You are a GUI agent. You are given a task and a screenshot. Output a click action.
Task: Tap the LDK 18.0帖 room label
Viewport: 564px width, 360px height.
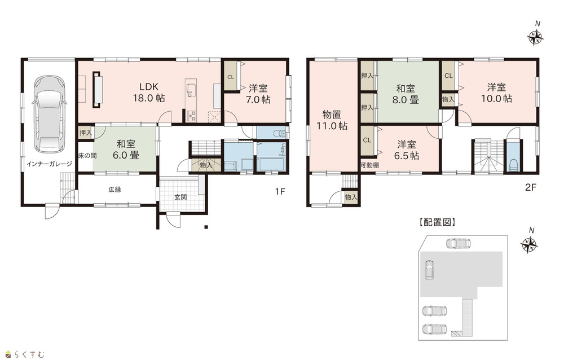point(149,93)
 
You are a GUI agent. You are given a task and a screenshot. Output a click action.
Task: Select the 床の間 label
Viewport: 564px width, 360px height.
point(87,156)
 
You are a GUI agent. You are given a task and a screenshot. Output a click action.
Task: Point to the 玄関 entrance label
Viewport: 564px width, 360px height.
point(180,197)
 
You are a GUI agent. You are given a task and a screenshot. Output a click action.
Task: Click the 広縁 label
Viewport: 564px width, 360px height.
point(115,190)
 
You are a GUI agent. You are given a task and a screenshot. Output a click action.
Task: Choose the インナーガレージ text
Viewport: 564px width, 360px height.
point(49,164)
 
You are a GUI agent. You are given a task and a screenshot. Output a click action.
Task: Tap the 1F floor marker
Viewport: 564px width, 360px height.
point(280,191)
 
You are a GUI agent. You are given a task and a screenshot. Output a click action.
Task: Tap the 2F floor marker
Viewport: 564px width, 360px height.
point(531,187)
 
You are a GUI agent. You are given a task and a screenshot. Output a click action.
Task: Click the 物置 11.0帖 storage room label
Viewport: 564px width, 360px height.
point(332,120)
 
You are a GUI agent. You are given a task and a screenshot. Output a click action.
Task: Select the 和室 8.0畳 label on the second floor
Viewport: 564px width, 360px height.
point(406,94)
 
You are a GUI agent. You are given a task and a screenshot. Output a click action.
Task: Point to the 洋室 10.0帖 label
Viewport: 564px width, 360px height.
point(497,93)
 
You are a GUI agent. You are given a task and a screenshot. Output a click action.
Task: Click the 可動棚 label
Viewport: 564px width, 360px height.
point(370,165)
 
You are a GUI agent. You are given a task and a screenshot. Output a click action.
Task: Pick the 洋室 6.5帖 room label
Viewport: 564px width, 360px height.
point(407,150)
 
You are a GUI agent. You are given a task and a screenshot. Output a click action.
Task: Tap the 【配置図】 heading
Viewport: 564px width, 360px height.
point(438,222)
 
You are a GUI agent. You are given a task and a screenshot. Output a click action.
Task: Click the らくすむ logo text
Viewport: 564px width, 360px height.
point(30,354)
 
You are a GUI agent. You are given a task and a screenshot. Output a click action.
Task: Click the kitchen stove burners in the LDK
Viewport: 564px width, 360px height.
point(191,116)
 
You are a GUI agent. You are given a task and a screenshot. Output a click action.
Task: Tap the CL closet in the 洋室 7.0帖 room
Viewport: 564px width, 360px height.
point(231,76)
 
